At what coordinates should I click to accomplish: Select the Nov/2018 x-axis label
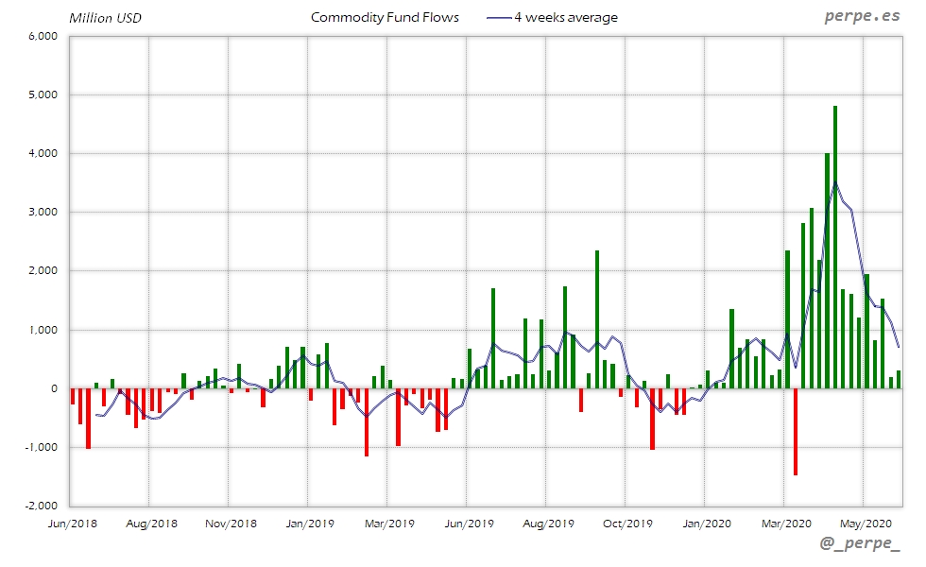230,523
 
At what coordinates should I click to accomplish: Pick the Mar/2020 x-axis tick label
784,523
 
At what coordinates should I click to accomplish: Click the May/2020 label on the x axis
864,523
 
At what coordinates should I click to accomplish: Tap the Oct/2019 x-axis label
626,523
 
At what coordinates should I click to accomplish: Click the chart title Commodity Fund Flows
385,17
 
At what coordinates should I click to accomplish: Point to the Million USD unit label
105,18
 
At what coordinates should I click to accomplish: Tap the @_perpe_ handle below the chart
860,546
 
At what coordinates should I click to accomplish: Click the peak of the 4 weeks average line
835,182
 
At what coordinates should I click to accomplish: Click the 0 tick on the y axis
54,388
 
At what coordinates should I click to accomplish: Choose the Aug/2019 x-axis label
547,523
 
